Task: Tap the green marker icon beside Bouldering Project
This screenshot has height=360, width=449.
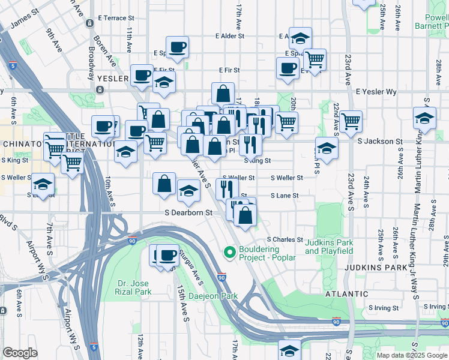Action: pyautogui.click(x=229, y=253)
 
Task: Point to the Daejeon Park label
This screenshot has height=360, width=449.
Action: pyautogui.click(x=213, y=296)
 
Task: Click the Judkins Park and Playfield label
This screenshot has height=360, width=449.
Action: pyautogui.click(x=328, y=247)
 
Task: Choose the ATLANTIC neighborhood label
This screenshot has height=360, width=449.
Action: pyautogui.click(x=346, y=294)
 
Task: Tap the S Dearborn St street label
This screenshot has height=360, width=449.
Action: pyautogui.click(x=189, y=212)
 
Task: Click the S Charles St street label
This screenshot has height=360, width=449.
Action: pyautogui.click(x=285, y=239)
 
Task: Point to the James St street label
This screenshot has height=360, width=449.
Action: pyautogui.click(x=24, y=19)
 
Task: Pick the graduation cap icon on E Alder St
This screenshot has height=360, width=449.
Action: pyautogui.click(x=301, y=38)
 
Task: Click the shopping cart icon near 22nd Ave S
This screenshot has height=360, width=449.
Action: pyautogui.click(x=351, y=120)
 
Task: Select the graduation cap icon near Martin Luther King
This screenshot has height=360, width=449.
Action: pyautogui.click(x=424, y=118)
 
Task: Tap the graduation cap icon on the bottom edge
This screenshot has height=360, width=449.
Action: pyautogui.click(x=289, y=350)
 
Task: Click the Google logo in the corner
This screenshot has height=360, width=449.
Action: pyautogui.click(x=20, y=353)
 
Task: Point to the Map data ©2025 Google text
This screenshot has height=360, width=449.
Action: pyautogui.click(x=411, y=355)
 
